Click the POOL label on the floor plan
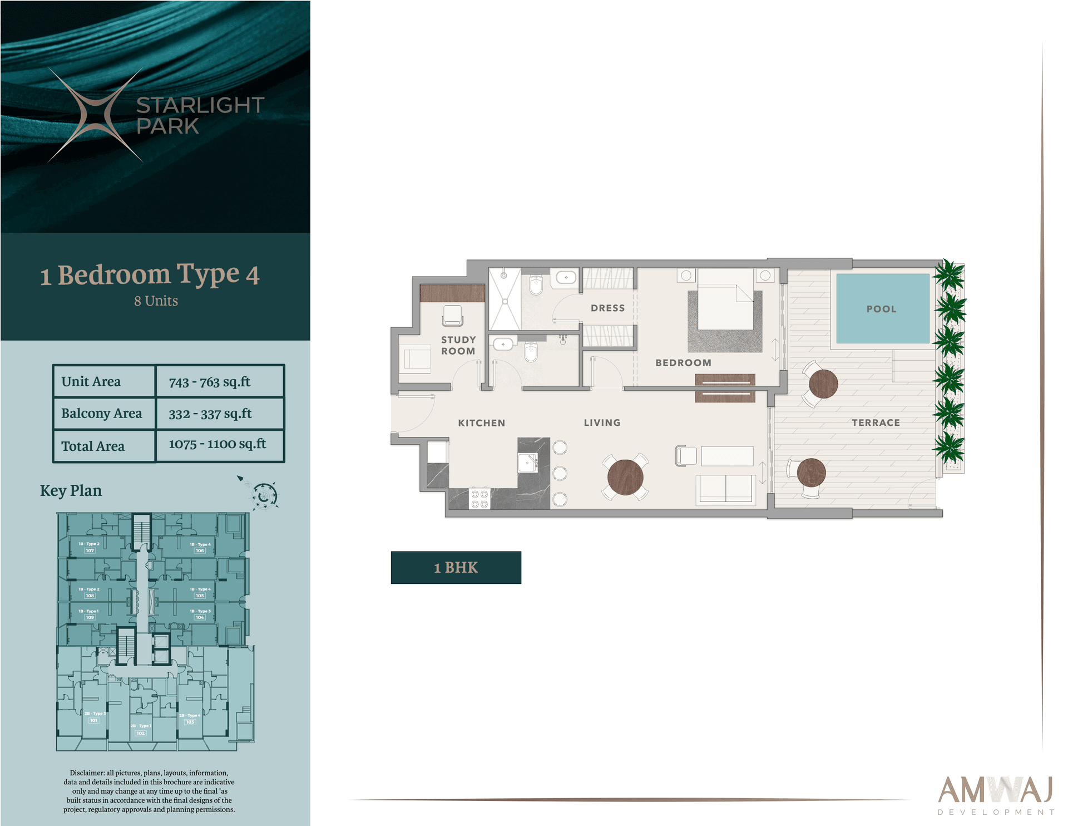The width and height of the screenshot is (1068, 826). (881, 309)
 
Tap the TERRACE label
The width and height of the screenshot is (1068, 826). (876, 422)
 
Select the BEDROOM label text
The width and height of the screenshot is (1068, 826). (683, 362)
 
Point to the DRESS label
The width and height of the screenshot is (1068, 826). (607, 308)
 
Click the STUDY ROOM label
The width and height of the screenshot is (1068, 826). (458, 345)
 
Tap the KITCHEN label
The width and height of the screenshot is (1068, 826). (481, 422)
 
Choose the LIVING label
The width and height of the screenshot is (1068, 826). (602, 422)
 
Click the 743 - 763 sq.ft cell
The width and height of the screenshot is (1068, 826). (210, 382)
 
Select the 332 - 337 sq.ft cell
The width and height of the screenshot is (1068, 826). (210, 414)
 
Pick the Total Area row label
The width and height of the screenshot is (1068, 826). (93, 446)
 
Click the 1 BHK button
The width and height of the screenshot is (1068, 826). (456, 567)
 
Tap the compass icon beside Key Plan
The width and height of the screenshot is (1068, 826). (264, 495)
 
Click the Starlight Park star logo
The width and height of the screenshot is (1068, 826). (95, 115)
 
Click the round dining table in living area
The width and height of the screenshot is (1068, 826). (625, 477)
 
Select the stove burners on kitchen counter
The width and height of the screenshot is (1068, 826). (479, 499)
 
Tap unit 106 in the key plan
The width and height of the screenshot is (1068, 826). (200, 550)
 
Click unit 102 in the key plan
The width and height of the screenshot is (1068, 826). (141, 733)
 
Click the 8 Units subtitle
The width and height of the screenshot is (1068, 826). (156, 301)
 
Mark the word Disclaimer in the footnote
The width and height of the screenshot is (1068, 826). (87, 773)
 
